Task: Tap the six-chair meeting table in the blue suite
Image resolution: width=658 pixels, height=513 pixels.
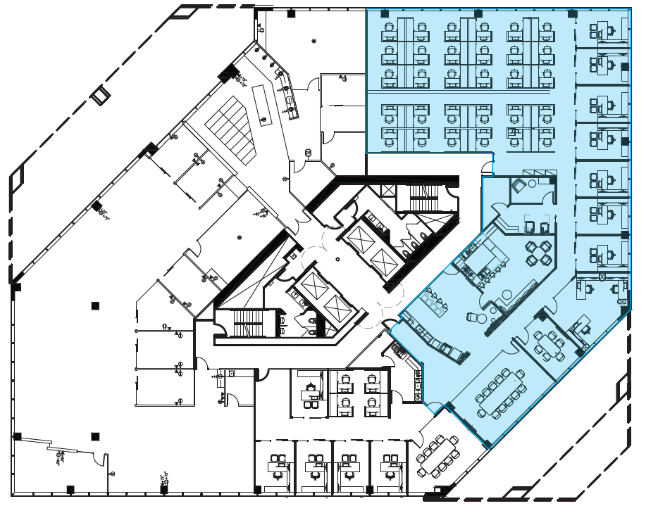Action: tap(550, 345)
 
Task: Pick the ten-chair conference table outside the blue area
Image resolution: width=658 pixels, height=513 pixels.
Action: tap(437, 455)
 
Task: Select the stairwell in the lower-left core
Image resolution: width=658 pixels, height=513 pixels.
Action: tap(247, 324)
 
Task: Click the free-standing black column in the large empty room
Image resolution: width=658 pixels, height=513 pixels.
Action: tap(95, 305)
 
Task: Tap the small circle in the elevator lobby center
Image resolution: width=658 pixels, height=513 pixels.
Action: tap(337, 259)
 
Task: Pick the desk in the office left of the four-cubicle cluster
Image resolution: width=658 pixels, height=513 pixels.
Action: tap(310, 394)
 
